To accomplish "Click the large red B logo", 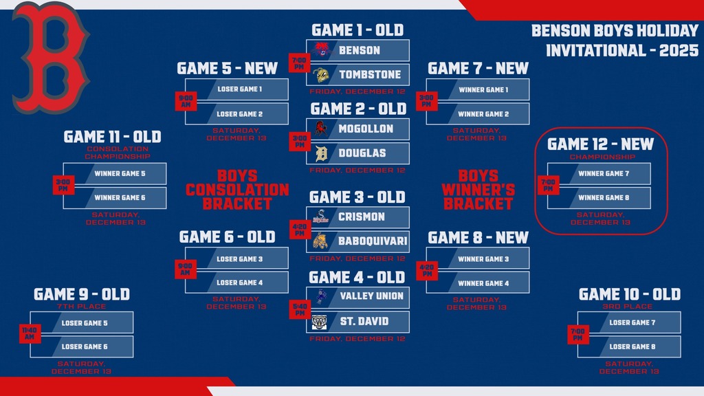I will pyautogui.click(x=49, y=58).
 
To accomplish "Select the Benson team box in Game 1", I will pyautogui.click(x=357, y=50).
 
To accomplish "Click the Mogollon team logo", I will pyautogui.click(x=321, y=129).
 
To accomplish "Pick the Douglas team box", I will pyautogui.click(x=357, y=153).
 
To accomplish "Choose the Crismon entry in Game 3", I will pyautogui.click(x=357, y=217).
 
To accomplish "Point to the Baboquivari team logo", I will pyautogui.click(x=321, y=241).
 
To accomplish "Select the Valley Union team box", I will pyautogui.click(x=357, y=296).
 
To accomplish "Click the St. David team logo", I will pyautogui.click(x=321, y=321).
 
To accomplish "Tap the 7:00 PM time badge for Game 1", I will pyautogui.click(x=299, y=63).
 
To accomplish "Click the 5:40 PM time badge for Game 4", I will pyautogui.click(x=299, y=309).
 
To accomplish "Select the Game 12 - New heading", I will pyautogui.click(x=600, y=144).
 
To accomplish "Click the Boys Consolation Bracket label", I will pyautogui.click(x=237, y=190).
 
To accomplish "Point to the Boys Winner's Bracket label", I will pyautogui.click(x=478, y=190).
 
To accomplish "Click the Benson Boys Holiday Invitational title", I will pyautogui.click(x=615, y=41).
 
